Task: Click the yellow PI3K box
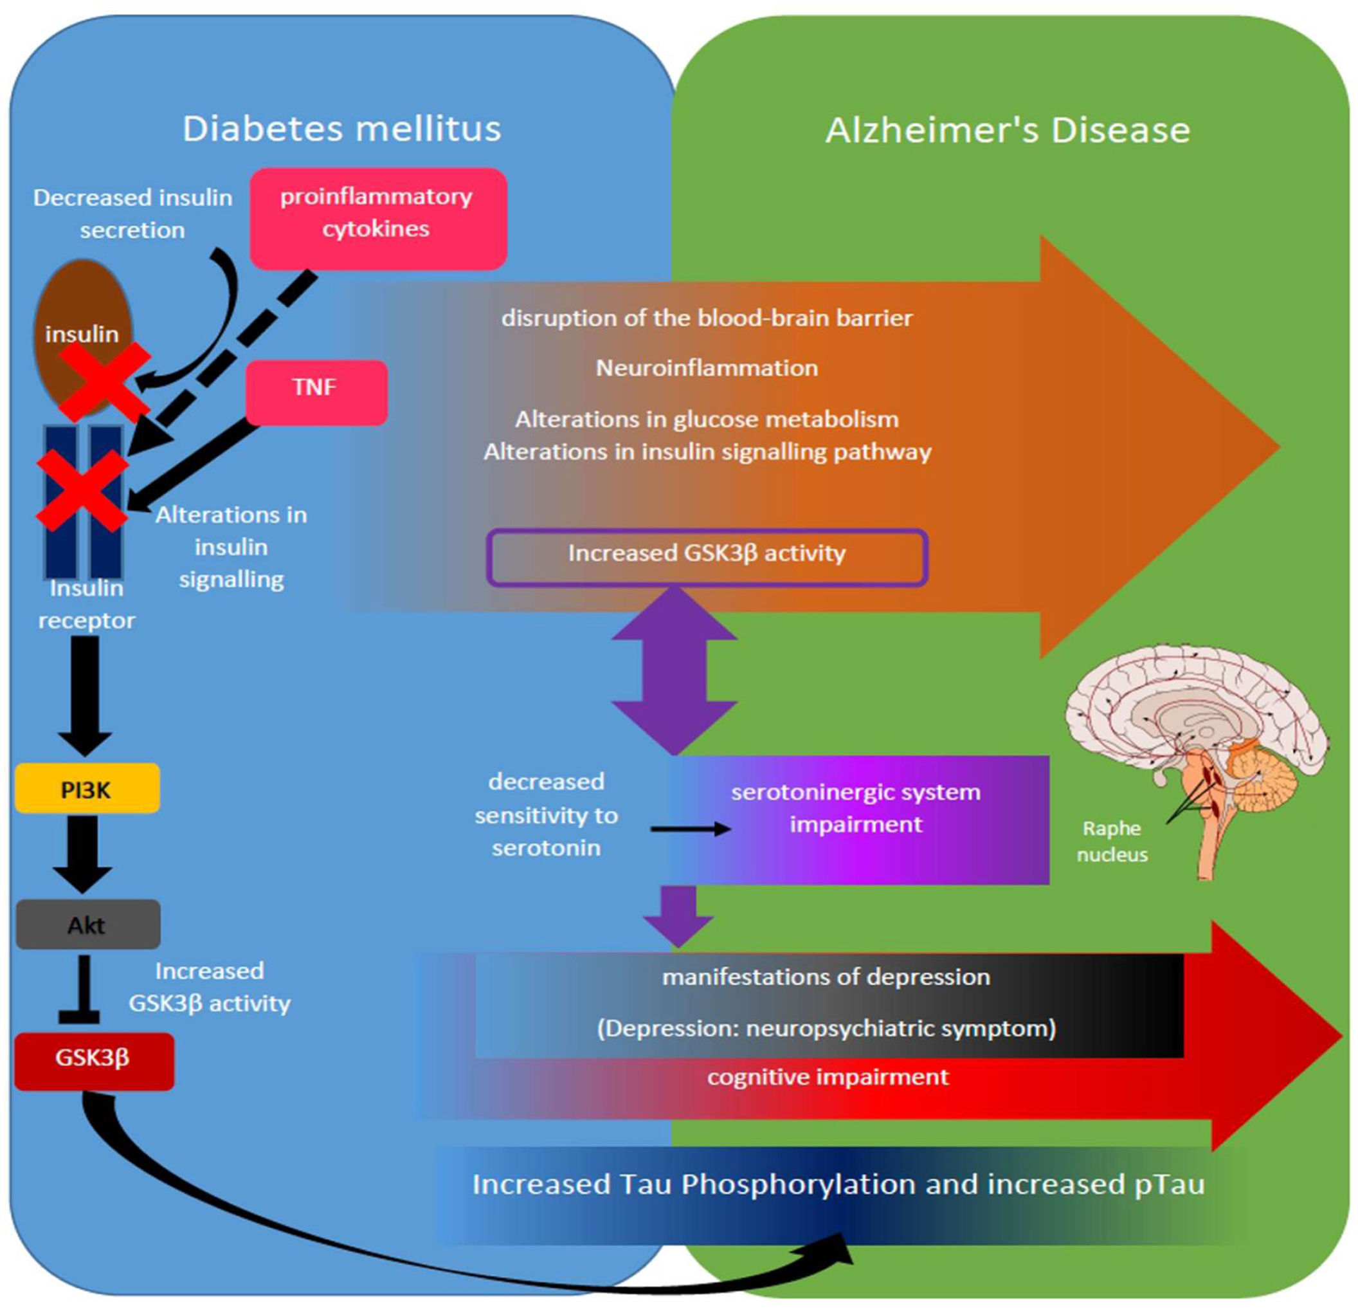point(87,789)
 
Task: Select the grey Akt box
point(87,924)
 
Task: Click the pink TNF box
point(316,392)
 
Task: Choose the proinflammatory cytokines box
point(377,217)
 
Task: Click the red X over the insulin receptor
point(82,490)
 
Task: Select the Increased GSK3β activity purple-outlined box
point(707,557)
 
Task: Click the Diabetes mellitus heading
point(341,129)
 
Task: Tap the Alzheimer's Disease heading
point(1008,131)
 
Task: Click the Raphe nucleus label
point(1111,841)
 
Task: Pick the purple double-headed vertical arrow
point(674,670)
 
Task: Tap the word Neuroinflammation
point(707,367)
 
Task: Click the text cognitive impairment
point(828,1076)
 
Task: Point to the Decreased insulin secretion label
point(132,214)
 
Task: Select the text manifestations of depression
point(826,977)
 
